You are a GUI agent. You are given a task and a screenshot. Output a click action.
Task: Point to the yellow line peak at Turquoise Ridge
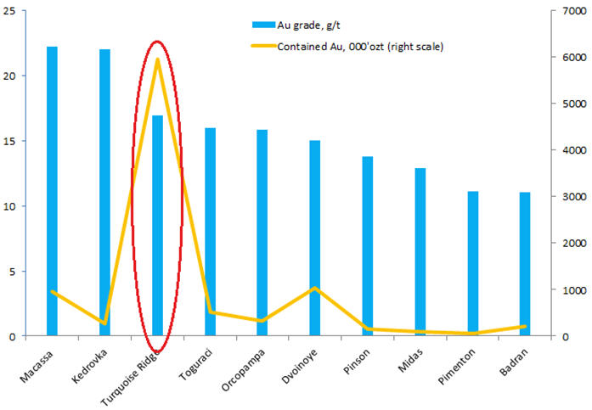157,60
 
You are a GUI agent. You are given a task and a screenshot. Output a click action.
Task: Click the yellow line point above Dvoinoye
314,288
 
